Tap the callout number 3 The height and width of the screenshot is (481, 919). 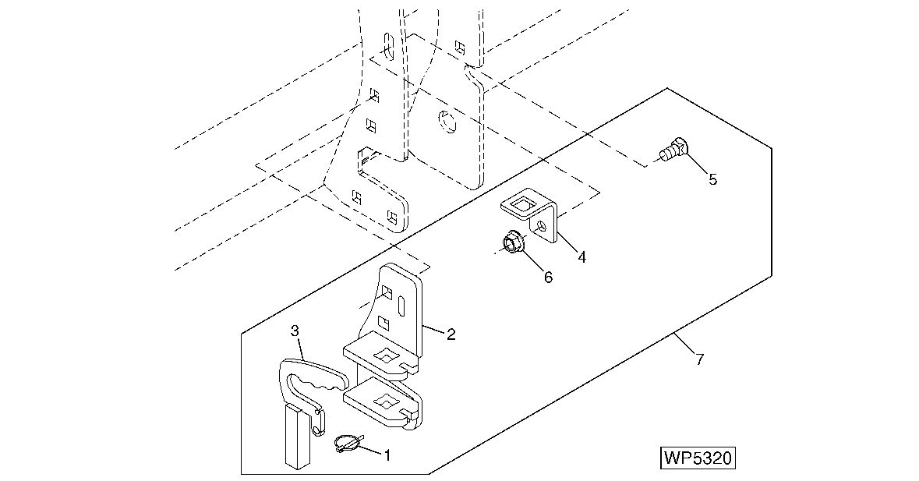tap(295, 331)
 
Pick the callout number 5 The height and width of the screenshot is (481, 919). tap(712, 179)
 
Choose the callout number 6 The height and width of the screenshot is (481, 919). tap(548, 277)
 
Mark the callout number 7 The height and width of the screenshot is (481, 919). tap(699, 359)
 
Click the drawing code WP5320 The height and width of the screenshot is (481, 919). tap(698, 457)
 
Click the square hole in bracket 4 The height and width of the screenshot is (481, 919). tap(523, 207)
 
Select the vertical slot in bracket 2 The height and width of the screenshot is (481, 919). tap(401, 305)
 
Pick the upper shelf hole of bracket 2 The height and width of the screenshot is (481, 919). tap(385, 355)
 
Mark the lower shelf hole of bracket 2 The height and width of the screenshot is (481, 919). tap(385, 401)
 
